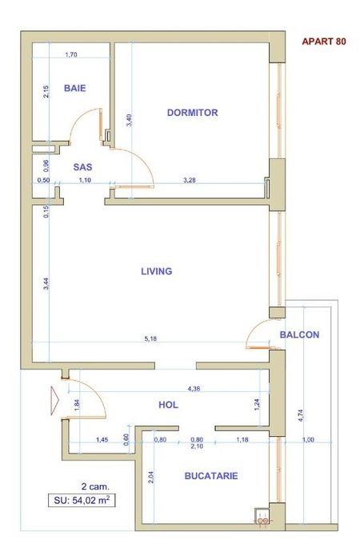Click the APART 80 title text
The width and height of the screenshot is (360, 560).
(324, 42)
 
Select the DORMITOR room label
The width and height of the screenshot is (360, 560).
(192, 113)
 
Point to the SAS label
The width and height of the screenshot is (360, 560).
(82, 167)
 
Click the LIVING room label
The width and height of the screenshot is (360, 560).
(156, 271)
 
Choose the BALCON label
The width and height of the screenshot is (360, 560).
(300, 334)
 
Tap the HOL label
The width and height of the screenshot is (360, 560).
(168, 406)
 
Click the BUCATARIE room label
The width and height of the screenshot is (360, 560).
(211, 476)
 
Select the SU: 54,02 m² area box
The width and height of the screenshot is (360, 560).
(78, 502)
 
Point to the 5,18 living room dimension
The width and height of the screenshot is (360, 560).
(150, 339)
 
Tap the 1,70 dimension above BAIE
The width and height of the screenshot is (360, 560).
(70, 55)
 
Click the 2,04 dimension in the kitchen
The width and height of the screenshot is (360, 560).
(150, 478)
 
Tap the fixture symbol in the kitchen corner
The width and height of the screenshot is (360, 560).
(262, 518)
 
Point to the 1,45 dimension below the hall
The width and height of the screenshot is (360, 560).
(102, 440)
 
